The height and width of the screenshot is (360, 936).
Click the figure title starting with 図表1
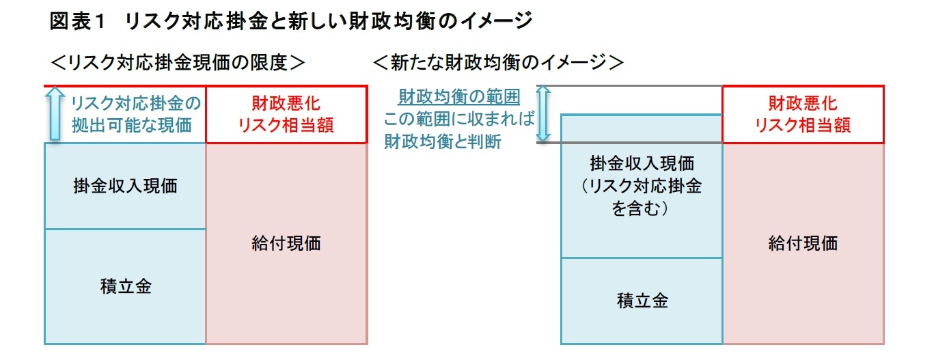point(290,21)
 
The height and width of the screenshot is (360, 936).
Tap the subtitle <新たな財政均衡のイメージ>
point(498,63)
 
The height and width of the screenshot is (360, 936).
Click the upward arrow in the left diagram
point(54,114)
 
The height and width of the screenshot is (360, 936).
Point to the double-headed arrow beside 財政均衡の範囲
point(543,113)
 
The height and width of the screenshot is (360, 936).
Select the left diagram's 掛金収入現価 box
point(125,186)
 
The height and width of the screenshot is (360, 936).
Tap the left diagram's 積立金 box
point(125,286)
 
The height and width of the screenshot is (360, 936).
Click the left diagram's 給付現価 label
point(286,243)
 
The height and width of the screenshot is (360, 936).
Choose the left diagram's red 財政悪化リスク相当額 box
point(286,114)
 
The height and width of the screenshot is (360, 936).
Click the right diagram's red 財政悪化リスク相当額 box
point(803,114)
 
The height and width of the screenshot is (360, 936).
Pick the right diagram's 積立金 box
point(642,301)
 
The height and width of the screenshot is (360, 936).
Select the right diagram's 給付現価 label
point(803,243)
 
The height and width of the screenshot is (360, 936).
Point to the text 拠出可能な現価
point(132,126)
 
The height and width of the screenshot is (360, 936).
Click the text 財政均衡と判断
point(442,142)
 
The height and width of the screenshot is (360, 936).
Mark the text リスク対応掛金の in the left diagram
point(136,103)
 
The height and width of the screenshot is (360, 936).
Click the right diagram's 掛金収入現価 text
point(642,164)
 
